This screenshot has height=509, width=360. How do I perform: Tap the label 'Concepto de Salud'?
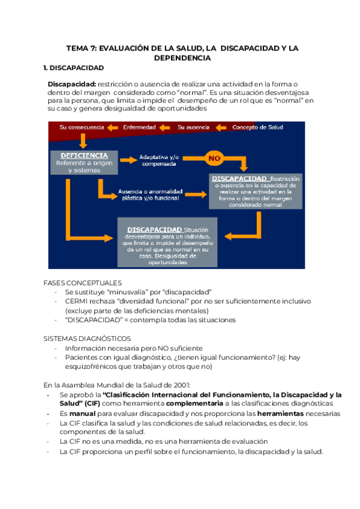(257, 127)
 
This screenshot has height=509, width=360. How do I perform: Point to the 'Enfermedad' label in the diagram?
(139, 127)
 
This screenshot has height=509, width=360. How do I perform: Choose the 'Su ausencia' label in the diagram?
(194, 127)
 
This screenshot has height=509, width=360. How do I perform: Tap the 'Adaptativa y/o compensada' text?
(158, 160)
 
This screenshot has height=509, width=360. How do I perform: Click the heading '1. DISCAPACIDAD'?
(74, 68)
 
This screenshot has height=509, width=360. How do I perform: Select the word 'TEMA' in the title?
(77, 47)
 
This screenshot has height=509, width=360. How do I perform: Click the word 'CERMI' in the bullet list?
(78, 301)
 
